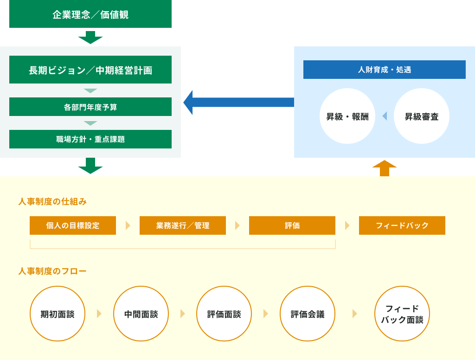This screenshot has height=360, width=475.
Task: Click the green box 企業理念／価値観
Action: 90,14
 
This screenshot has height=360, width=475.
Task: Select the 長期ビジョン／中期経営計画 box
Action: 90,70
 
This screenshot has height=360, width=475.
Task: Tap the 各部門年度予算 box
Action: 90,107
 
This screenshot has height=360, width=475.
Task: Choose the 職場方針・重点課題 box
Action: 90,139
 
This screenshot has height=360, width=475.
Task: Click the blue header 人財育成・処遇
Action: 385,70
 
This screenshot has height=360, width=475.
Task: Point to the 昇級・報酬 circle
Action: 347,116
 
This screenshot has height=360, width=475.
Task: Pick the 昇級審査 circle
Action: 421,116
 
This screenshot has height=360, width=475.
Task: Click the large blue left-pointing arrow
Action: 239,103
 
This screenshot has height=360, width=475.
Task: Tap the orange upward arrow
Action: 385,168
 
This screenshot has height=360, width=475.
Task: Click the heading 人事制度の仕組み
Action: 52,201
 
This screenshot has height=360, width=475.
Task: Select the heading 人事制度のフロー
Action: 52,271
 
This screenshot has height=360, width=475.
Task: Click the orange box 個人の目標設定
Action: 73,225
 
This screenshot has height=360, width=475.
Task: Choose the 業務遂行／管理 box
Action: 183,225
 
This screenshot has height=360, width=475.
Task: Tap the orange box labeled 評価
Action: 292,225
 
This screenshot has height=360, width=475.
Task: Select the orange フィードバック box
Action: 402,225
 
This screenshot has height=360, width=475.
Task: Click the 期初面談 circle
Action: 58,314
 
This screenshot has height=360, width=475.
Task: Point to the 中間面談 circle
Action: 141,314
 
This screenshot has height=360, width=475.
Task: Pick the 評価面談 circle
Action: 224,314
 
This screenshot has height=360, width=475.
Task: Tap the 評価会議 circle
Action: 308,314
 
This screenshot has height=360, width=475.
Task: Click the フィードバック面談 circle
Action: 402,314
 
